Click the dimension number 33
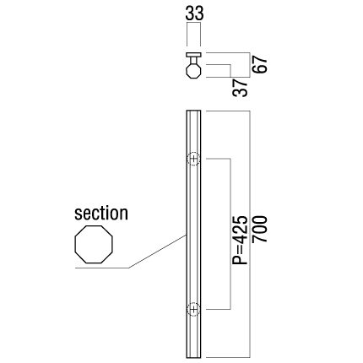(x=194, y=14)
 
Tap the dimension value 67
(x=259, y=64)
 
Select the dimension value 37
(x=240, y=88)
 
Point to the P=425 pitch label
(x=240, y=240)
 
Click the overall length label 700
(x=259, y=229)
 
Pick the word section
(x=101, y=214)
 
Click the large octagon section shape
(x=94, y=244)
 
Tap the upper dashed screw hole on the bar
(x=193, y=159)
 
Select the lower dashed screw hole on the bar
(x=193, y=309)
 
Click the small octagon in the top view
(x=193, y=71)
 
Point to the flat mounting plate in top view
(x=193, y=55)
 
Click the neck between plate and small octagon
(x=193, y=60)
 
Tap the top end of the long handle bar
(x=193, y=111)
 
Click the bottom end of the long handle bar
(x=193, y=357)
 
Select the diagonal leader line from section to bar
(x=158, y=251)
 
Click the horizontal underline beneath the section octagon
(x=102, y=268)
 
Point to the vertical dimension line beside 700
(x=250, y=235)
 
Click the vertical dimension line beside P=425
(x=230, y=234)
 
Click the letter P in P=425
(x=240, y=260)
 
